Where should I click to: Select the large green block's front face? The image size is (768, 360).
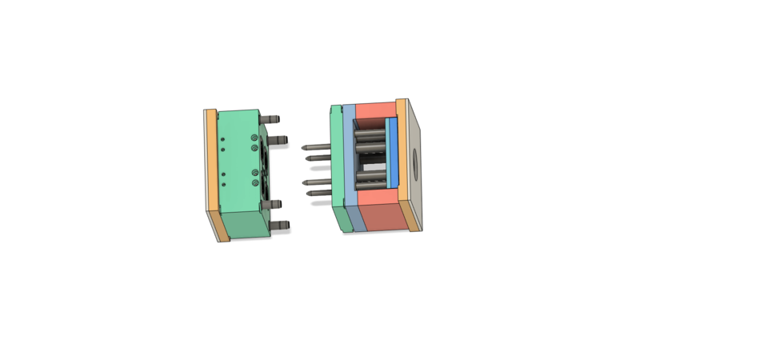pyautogui.click(x=236, y=160)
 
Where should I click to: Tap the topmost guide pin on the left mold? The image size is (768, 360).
pyautogui.click(x=273, y=118)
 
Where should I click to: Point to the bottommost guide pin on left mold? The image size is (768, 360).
pyautogui.click(x=280, y=226)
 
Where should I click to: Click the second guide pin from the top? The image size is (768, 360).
pyautogui.click(x=280, y=141)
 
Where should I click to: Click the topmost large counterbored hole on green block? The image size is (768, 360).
pyautogui.click(x=254, y=138)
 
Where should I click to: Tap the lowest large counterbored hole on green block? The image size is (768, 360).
pyautogui.click(x=254, y=183)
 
